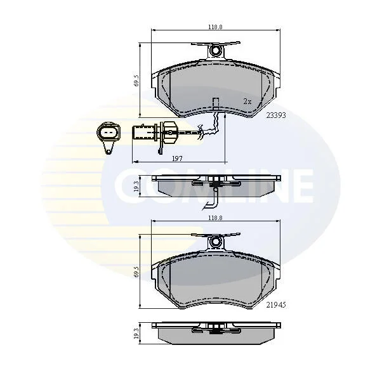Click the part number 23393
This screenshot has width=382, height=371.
pos(276,115)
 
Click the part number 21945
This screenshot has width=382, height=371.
pos(276,304)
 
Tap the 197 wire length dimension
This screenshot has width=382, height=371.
pos(177,159)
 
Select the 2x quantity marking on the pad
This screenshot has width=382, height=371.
pos(247,101)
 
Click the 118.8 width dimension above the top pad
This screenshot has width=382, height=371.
pos(215,27)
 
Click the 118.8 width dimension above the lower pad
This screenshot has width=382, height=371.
pos(215,218)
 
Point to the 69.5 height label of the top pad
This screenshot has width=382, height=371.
pos(136,81)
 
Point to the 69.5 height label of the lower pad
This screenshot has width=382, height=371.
pos(136,271)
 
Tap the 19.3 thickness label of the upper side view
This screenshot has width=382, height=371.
pos(136,186)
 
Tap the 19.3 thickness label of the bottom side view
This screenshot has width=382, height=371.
pos(136,333)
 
